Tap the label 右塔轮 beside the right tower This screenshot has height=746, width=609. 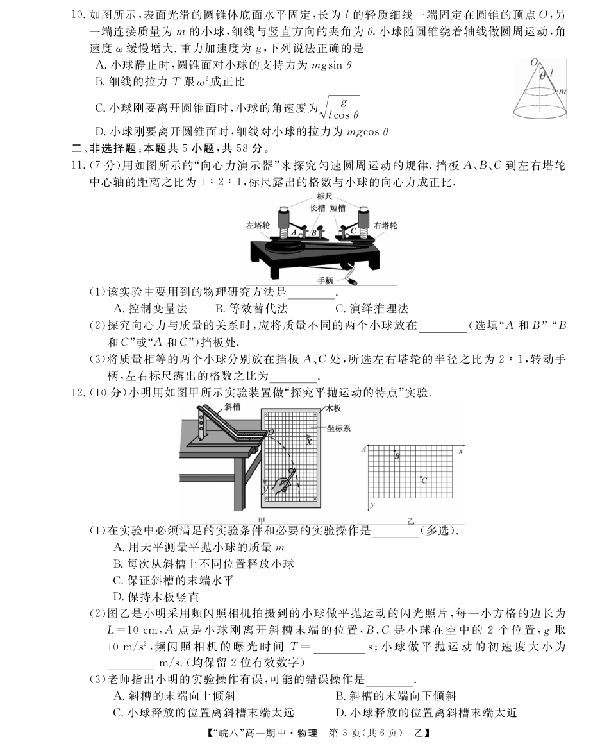click(x=385, y=225)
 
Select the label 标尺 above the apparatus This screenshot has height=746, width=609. click(x=325, y=198)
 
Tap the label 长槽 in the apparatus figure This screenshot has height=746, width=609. click(x=317, y=208)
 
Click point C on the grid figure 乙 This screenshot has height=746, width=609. click(x=421, y=479)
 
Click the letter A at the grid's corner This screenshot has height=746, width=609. click(x=364, y=449)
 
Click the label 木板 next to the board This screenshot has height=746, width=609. click(x=334, y=407)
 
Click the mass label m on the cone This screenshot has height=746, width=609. click(x=562, y=92)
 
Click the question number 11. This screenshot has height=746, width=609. click(x=78, y=165)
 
